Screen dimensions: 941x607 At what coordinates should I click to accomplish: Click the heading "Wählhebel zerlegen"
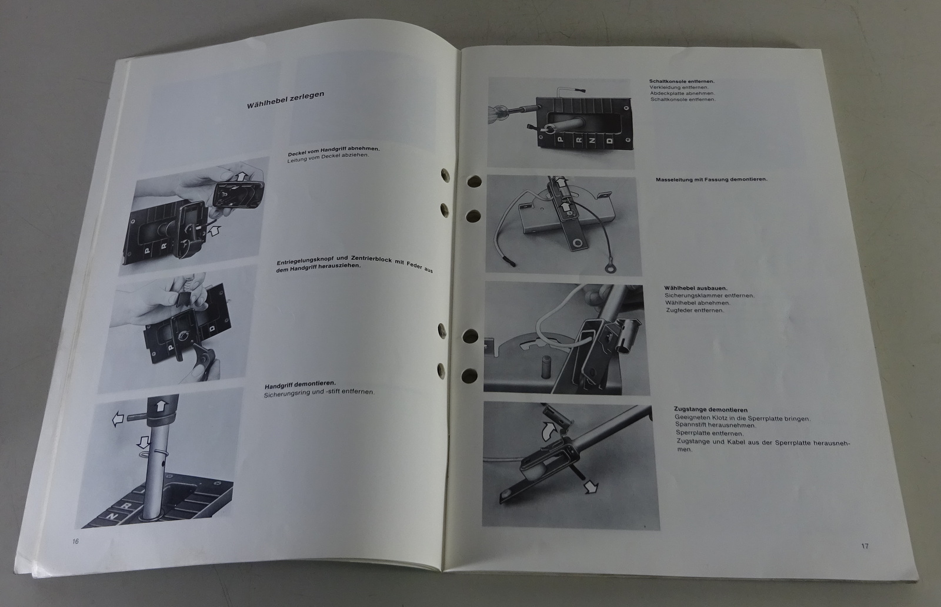click(285, 100)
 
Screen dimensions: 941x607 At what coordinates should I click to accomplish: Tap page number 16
click(76, 541)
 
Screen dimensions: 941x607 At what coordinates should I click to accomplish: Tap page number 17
click(865, 546)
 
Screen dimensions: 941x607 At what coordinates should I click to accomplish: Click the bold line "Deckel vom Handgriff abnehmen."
click(333, 150)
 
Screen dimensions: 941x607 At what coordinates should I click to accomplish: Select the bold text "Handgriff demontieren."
click(300, 385)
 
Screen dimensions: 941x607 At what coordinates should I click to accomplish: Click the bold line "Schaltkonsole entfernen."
click(682, 82)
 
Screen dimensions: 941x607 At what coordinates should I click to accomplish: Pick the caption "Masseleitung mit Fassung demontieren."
click(712, 179)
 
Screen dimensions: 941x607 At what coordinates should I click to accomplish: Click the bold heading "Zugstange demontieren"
click(711, 410)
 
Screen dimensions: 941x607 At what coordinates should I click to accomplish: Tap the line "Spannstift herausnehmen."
click(709, 425)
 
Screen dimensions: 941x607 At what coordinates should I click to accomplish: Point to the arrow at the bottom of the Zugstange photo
click(591, 487)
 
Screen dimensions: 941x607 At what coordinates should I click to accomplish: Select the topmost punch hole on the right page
click(475, 182)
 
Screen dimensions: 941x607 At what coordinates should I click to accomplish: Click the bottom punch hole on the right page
click(469, 375)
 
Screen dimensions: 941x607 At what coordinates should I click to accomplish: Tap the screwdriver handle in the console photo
click(498, 115)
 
